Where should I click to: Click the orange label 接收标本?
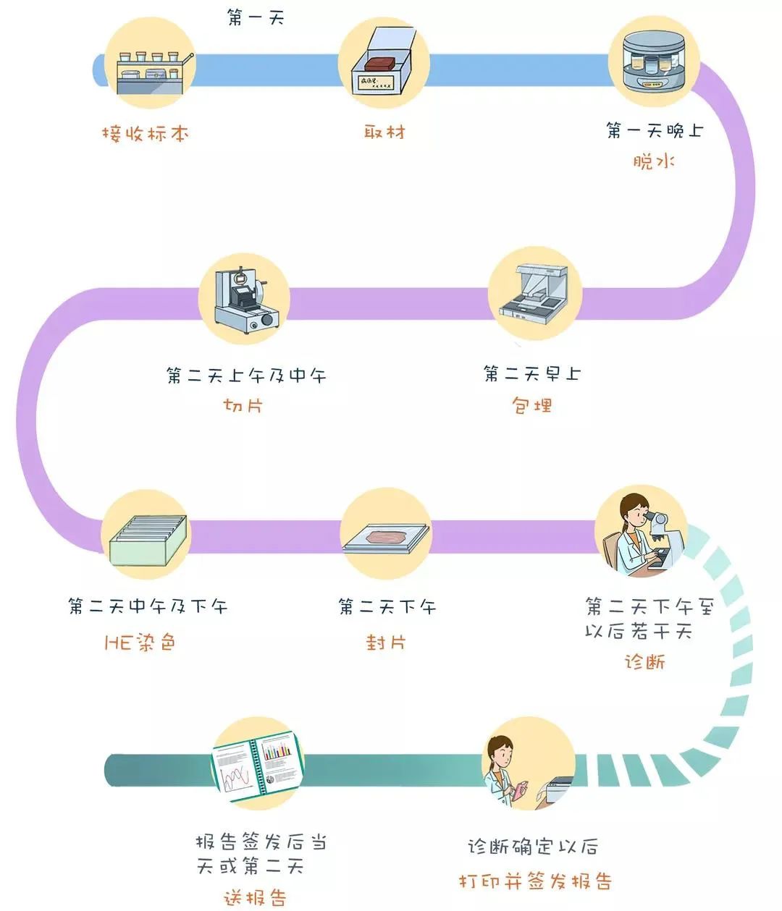pyautogui.click(x=145, y=134)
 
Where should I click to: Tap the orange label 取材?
pyautogui.click(x=384, y=132)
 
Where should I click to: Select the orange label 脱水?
pyautogui.click(x=654, y=162)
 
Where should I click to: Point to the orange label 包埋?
pyautogui.click(x=532, y=404)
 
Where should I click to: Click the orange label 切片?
pyautogui.click(x=243, y=405)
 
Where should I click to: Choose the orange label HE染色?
pyautogui.click(x=140, y=643)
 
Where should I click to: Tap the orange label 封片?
pyautogui.click(x=385, y=642)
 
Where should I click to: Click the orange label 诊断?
pyautogui.click(x=645, y=662)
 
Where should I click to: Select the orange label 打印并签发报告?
pyautogui.click(x=535, y=881)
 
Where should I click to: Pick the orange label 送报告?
pyautogui.click(x=255, y=898)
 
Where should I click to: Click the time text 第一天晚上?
pyautogui.click(x=655, y=130)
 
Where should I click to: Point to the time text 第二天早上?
pyautogui.click(x=532, y=374)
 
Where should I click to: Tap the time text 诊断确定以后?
pyautogui.click(x=532, y=847)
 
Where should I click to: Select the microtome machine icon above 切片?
pyautogui.click(x=245, y=298)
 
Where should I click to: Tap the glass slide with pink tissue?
pyautogui.click(x=386, y=538)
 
